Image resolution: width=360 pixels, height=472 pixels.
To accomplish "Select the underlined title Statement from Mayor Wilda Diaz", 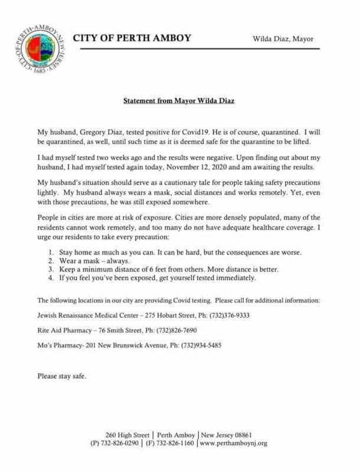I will pyautogui.click(x=180, y=101).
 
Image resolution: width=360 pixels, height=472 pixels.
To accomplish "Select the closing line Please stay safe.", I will pyautogui.click(x=62, y=375).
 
